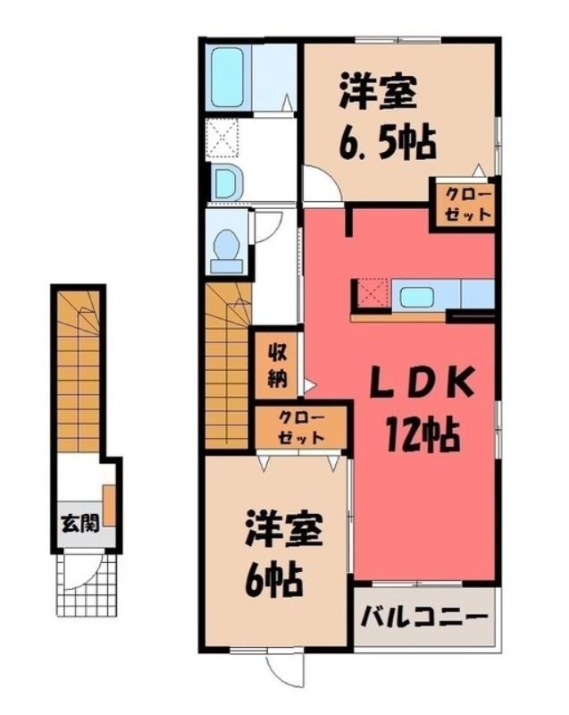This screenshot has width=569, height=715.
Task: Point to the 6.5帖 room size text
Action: (385, 144)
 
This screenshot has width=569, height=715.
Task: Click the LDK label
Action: (423, 382)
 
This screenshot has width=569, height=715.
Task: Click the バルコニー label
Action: (423, 618)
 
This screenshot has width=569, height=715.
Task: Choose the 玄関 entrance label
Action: (80, 523)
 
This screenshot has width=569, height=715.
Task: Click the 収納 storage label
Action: (277, 365)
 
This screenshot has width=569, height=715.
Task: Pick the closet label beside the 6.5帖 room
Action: (469, 205)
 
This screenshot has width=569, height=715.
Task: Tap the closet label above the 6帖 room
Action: (302, 427)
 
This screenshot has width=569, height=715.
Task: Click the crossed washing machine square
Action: (222, 139)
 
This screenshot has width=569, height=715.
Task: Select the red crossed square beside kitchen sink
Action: (371, 295)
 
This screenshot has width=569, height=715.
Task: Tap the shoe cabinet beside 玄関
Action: (109, 505)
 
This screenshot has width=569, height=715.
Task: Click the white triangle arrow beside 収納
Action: (309, 386)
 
